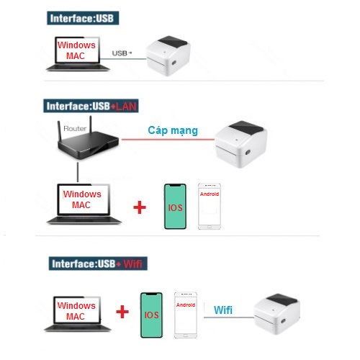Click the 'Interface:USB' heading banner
83,18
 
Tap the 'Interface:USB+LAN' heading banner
91,106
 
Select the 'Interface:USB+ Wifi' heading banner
98,264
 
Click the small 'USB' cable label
122,53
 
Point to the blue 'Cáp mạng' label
173,130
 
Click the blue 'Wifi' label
223,310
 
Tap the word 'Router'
75,128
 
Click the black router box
88,142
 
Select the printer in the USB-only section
168,56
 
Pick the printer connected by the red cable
240,144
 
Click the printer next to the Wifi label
276,314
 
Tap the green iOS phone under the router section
175,207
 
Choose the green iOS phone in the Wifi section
151,315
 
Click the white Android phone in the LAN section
210,207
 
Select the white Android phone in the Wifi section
186,315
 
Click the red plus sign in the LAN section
140,207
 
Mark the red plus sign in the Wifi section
122,312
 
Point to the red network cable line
168,139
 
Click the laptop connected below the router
84,204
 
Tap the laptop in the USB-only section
78,54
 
